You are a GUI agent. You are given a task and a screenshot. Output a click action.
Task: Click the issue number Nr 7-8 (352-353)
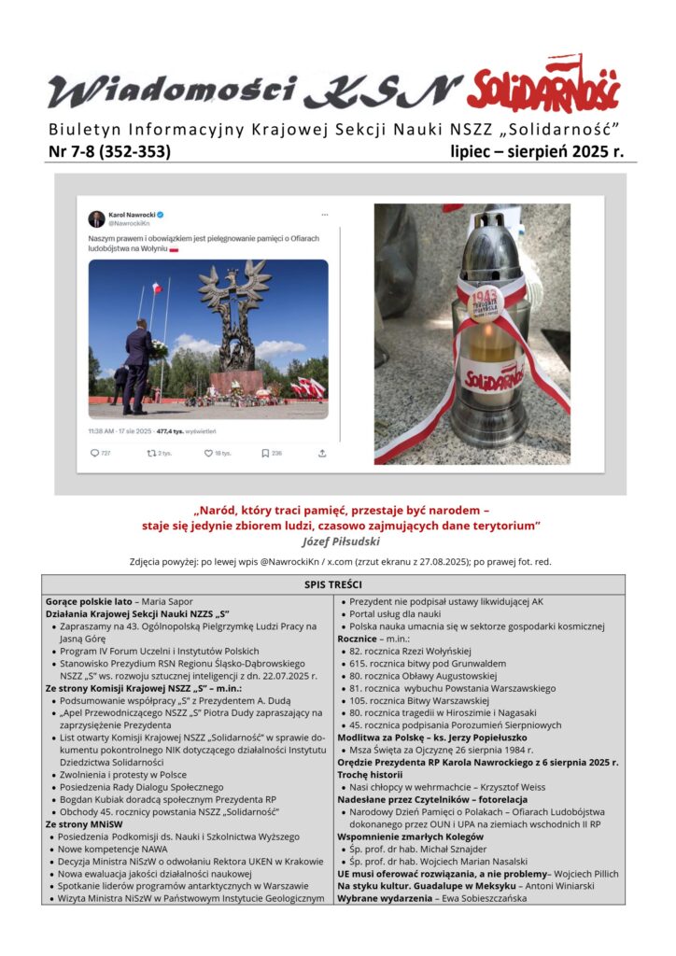109,150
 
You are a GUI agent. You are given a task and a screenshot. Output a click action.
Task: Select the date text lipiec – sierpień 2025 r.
536,150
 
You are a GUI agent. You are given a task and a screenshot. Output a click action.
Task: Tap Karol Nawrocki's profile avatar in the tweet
96,219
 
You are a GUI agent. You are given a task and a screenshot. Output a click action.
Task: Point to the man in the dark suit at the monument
138,366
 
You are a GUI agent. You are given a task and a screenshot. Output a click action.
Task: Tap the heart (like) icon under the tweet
208,454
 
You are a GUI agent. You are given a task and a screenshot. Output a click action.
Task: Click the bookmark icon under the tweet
263,454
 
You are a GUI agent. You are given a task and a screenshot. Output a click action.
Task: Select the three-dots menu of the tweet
325,215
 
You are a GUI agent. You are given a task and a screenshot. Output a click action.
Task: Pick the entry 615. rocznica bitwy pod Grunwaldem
432,663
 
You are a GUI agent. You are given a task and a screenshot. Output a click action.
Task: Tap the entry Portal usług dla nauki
404,614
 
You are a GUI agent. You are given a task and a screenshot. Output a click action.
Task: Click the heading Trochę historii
371,774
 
